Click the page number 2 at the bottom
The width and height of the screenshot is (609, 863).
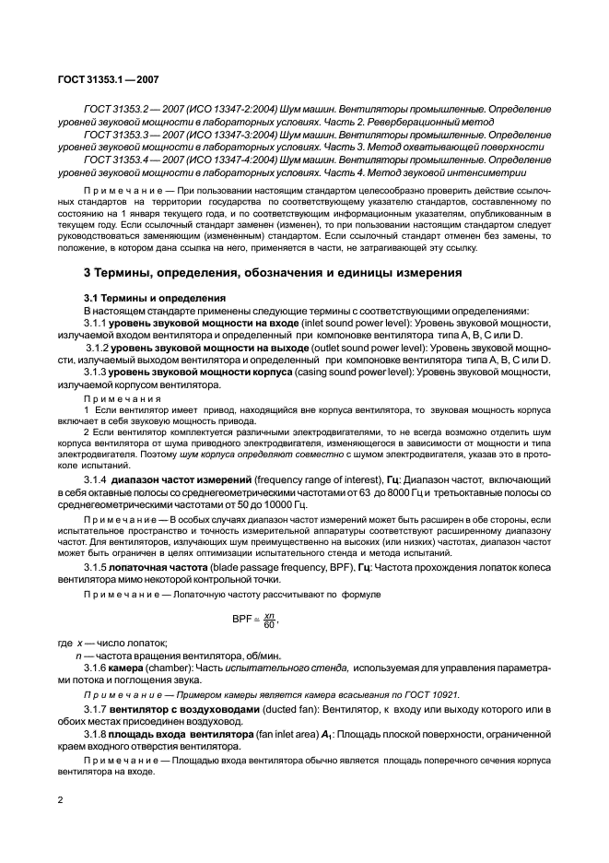[x=60, y=800]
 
